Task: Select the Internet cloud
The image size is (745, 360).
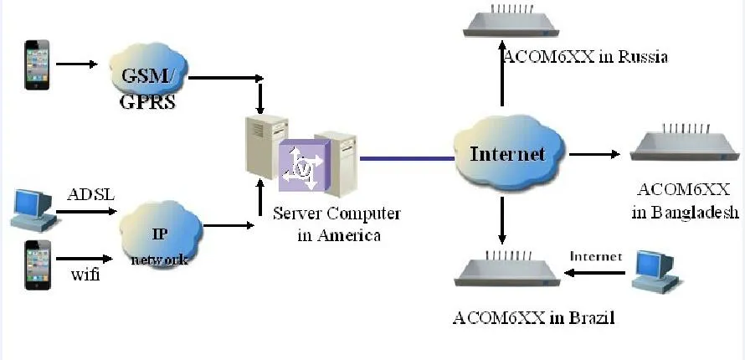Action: pyautogui.click(x=507, y=153)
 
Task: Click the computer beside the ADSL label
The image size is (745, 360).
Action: pyautogui.click(x=33, y=209)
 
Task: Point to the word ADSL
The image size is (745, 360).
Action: pyautogui.click(x=89, y=195)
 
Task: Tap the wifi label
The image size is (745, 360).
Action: pyautogui.click(x=85, y=274)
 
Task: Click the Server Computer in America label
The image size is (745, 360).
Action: pyautogui.click(x=337, y=224)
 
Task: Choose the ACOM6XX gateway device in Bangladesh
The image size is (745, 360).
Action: pyautogui.click(x=684, y=146)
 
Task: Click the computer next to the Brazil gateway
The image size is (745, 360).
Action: pyautogui.click(x=655, y=270)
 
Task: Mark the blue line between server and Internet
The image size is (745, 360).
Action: pyautogui.click(x=407, y=157)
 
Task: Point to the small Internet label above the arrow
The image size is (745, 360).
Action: pyautogui.click(x=596, y=256)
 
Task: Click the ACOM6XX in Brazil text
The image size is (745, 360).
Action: pyautogui.click(x=533, y=317)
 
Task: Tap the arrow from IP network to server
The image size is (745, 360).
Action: pyautogui.click(x=229, y=224)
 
